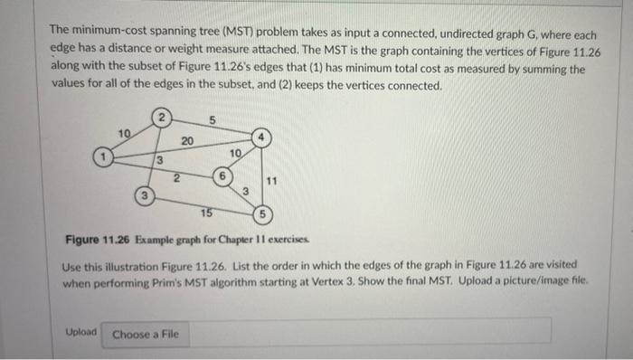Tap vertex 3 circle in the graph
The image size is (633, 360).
click(x=142, y=195)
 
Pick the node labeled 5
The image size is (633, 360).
click(x=261, y=215)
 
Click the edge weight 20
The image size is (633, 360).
click(x=186, y=140)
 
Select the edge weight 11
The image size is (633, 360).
click(x=272, y=181)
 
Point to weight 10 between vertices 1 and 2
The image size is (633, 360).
click(x=126, y=134)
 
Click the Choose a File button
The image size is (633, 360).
click(x=146, y=335)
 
